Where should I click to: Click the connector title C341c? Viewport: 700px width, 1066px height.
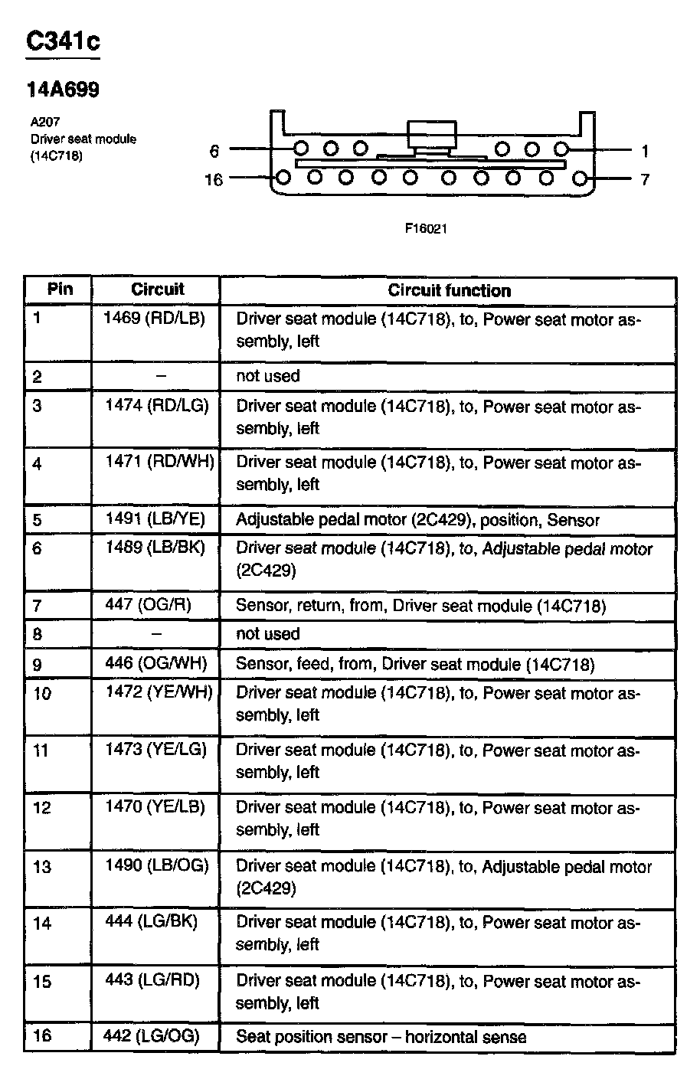[63, 41]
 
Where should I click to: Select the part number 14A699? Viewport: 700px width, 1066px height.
[63, 90]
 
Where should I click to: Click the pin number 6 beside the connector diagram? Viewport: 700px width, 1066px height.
[214, 151]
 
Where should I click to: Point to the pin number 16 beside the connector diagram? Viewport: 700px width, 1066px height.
[214, 180]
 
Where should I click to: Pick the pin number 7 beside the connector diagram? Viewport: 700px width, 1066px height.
[645, 180]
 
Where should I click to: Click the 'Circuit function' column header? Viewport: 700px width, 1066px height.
[449, 291]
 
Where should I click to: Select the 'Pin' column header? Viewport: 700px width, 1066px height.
[60, 289]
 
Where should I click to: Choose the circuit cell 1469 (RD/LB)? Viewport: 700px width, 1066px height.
[155, 319]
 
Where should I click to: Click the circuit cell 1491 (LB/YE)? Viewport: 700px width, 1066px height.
[155, 519]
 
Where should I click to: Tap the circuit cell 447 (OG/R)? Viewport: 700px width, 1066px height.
[148, 605]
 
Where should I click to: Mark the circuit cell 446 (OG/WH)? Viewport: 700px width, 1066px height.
[156, 662]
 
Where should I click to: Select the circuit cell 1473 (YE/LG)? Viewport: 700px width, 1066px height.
[156, 749]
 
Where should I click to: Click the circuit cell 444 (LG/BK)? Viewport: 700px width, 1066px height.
[151, 921]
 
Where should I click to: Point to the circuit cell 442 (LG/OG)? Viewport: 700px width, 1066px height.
[151, 1036]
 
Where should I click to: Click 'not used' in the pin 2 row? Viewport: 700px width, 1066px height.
[268, 376]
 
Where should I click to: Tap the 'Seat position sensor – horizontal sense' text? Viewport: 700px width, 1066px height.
[381, 1038]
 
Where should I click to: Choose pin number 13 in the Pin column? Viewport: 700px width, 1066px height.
[42, 867]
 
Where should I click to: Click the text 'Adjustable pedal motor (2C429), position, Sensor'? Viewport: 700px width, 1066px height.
[417, 520]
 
